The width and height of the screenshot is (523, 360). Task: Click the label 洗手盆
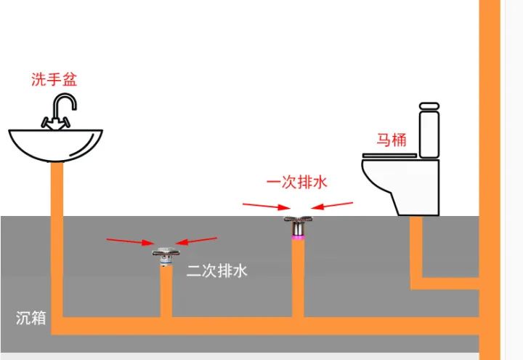(x=54, y=79)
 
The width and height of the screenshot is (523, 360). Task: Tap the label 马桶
(x=390, y=140)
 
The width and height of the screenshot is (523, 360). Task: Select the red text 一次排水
(x=297, y=182)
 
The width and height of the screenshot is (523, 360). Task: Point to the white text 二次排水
(x=217, y=271)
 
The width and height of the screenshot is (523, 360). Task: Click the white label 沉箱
(x=31, y=318)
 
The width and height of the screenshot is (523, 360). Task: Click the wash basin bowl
(x=56, y=145)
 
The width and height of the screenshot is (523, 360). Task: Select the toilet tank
(x=429, y=133)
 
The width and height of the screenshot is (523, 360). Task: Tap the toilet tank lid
(x=429, y=106)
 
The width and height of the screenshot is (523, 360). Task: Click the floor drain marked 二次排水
(x=166, y=255)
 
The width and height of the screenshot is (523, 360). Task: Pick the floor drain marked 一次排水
(x=296, y=223)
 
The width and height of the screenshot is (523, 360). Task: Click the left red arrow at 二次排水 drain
(x=129, y=241)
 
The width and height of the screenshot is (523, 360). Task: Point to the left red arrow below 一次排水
(x=264, y=207)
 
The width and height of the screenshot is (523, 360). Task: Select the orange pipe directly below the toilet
(x=417, y=247)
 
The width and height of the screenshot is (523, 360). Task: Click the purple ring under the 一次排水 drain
(x=296, y=236)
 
